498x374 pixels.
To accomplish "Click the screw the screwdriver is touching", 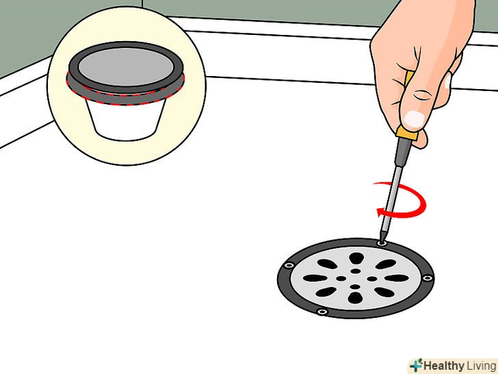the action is click(x=382, y=243).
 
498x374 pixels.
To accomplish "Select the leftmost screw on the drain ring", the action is click(x=289, y=265).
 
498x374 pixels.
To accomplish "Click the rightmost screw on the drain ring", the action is click(x=428, y=278).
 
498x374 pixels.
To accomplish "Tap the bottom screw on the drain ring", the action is click(x=322, y=312).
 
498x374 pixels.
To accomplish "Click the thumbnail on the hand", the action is click(x=414, y=119).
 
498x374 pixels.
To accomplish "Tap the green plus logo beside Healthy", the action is click(x=416, y=366).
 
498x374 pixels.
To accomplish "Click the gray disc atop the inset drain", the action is click(x=126, y=67).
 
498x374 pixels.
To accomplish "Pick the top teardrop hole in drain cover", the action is click(x=356, y=258).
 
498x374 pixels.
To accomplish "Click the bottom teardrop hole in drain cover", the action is click(x=355, y=298).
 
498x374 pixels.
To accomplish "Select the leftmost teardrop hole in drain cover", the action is click(x=315, y=278).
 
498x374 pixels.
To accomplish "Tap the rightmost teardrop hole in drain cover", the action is click(x=397, y=278).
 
